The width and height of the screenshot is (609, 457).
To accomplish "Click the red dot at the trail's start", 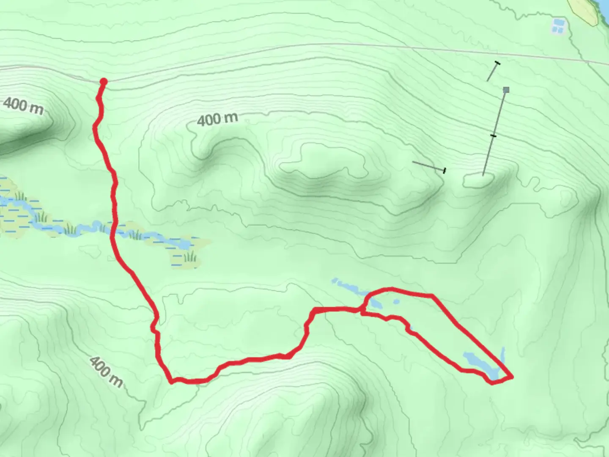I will pyautogui.click(x=103, y=81).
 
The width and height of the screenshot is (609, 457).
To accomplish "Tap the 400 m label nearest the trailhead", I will pyautogui.click(x=23, y=106).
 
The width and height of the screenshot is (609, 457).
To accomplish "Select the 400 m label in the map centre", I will pyautogui.click(x=217, y=120).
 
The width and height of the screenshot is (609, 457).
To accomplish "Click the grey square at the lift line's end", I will pyautogui.click(x=506, y=90).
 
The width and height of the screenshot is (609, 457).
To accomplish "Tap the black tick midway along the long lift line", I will pyautogui.click(x=493, y=135).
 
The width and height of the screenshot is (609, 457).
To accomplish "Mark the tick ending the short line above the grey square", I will pyautogui.click(x=497, y=63).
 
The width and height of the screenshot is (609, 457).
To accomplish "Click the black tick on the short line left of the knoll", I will pyautogui.click(x=444, y=171).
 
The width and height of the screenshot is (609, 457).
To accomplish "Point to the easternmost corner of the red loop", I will pyautogui.click(x=512, y=376).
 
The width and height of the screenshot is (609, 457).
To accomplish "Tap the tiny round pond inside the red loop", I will pyautogui.click(x=396, y=302).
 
